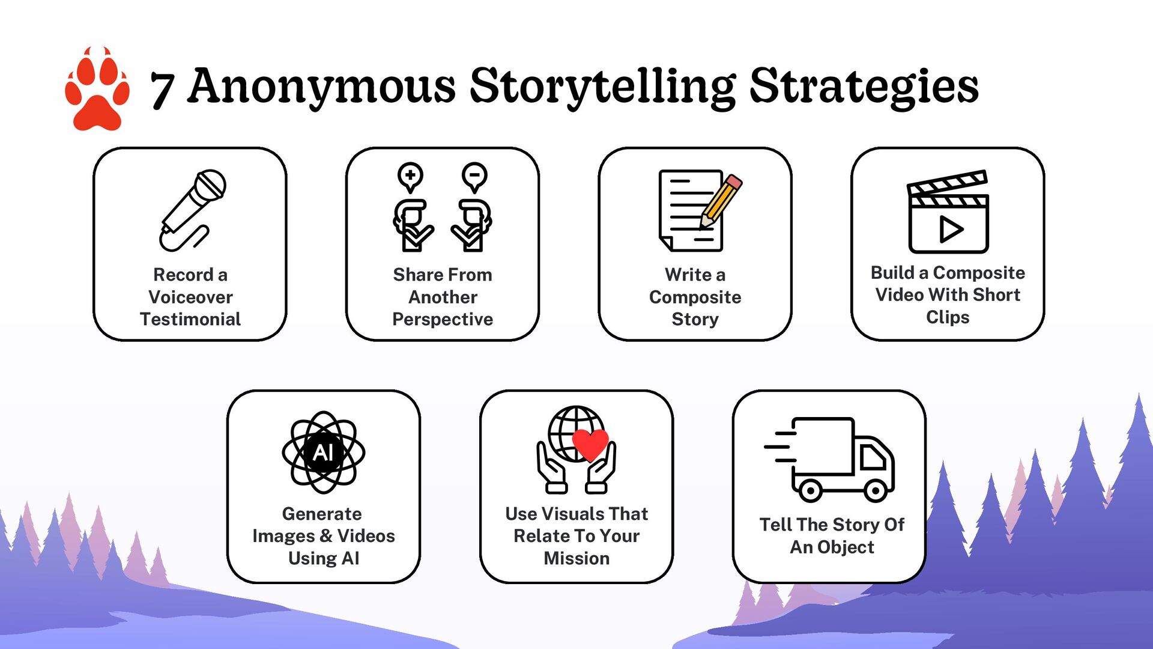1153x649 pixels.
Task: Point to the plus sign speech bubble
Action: click(411, 176)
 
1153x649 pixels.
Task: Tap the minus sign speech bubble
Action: click(474, 176)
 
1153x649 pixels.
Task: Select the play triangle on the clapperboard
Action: click(950, 229)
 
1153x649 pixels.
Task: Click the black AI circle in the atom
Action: click(324, 452)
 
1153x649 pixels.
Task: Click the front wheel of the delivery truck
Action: click(875, 491)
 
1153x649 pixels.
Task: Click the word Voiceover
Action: click(190, 297)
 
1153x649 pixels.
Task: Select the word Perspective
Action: click(443, 319)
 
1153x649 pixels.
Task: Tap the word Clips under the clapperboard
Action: click(948, 317)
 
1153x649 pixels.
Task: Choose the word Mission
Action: click(576, 558)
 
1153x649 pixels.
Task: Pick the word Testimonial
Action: click(190, 319)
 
